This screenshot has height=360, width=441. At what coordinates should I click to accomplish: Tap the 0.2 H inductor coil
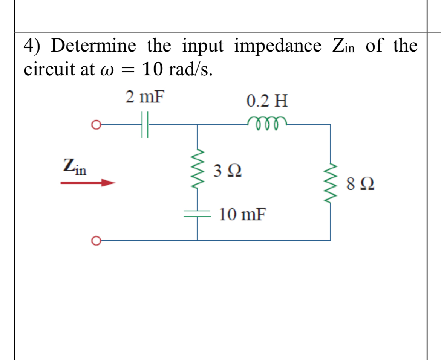[268, 123]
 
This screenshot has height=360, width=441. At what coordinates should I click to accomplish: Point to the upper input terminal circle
[96, 125]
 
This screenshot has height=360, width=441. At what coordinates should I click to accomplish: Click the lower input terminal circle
[96, 240]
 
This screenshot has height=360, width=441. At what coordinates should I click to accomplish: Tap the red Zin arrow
[88, 183]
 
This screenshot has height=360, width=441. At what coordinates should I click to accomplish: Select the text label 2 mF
[145, 97]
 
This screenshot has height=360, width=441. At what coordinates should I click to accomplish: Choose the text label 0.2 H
[267, 101]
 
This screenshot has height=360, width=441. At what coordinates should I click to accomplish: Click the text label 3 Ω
[228, 171]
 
